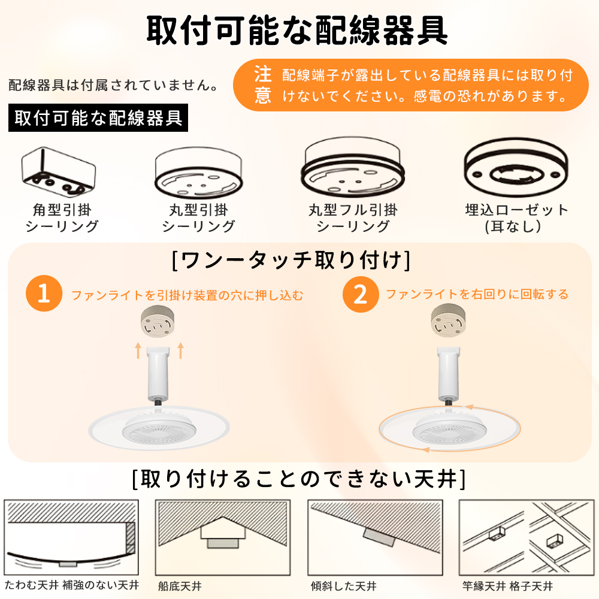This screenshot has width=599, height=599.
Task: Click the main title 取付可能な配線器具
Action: (x=297, y=31)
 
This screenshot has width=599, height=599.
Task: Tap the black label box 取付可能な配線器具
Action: (x=98, y=117)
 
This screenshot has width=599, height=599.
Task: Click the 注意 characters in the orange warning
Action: (x=263, y=85)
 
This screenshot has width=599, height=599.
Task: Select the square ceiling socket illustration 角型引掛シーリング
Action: (x=59, y=172)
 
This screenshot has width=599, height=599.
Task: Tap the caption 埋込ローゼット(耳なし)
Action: (x=516, y=218)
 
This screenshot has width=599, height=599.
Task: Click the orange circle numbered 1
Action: (x=44, y=294)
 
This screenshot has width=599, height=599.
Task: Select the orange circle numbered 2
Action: (x=361, y=294)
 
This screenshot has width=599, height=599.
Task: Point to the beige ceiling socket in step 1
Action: (x=158, y=323)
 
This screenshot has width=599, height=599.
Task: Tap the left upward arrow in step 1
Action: (x=138, y=350)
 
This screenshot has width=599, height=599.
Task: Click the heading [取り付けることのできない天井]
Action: (x=299, y=479)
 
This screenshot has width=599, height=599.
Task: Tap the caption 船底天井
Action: (x=180, y=586)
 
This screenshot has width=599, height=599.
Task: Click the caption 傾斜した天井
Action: (x=343, y=586)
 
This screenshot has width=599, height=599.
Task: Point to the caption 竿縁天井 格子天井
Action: (x=508, y=586)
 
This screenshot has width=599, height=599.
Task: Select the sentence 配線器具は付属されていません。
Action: (x=113, y=85)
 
